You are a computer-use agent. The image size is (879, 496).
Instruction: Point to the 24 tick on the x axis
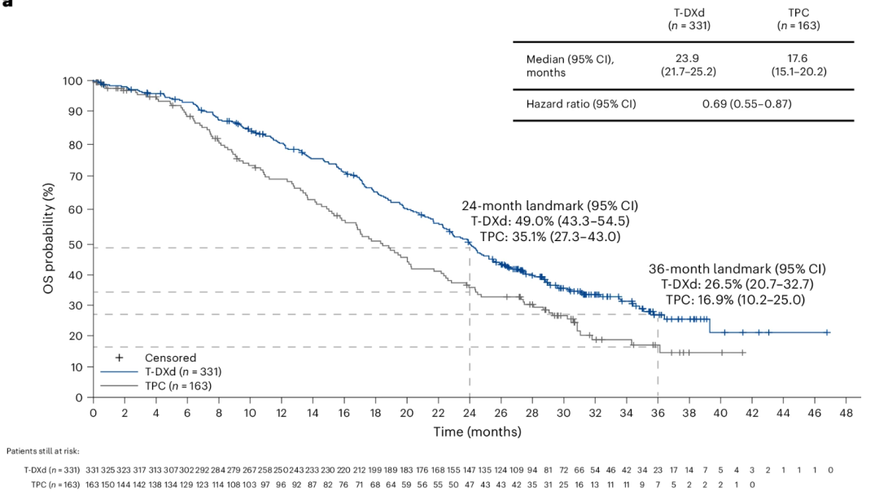point(470,413)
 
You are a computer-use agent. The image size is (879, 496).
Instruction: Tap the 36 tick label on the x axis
point(658,413)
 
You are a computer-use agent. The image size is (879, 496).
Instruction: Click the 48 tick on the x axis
point(846,413)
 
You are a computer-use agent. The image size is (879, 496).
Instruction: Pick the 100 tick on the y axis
point(72,81)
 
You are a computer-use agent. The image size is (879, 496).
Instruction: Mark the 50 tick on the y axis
point(76,244)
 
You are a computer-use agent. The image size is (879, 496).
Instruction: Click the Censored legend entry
point(170,357)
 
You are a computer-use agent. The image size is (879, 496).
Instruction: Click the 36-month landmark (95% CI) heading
point(737,269)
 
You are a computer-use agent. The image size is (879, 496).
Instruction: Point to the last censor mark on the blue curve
point(827,332)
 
